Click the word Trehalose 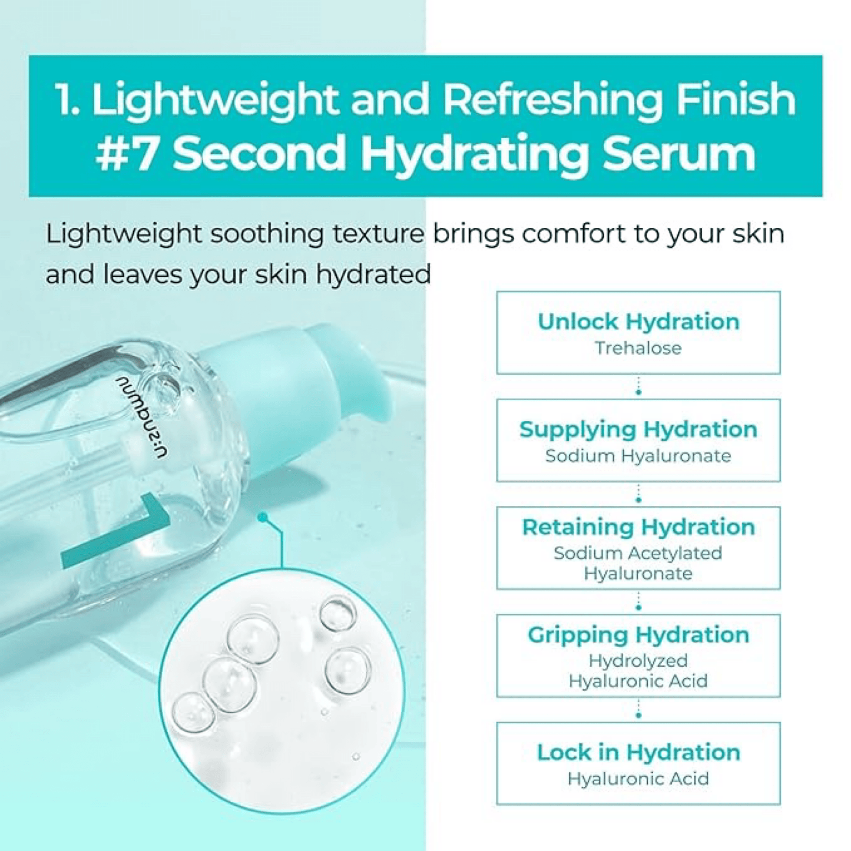638,348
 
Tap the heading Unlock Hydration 638,322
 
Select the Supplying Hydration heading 638,430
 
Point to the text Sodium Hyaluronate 638,456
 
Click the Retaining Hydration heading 638,527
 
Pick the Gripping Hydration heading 638,635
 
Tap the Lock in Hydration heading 638,752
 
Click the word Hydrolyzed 638,661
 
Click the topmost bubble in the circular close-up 337,614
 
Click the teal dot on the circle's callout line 263,518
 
